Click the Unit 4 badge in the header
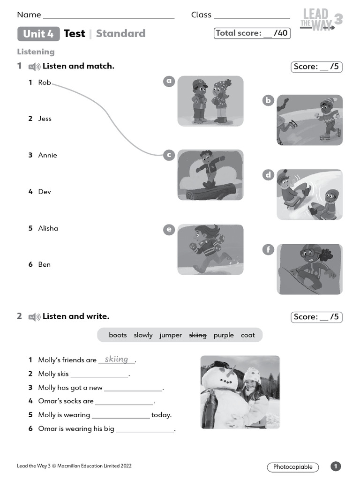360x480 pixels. [x=38, y=34]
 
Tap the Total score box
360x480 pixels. [x=252, y=33]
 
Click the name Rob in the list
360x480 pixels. [x=45, y=82]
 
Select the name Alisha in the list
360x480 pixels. [x=48, y=228]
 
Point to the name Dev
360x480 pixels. [x=45, y=192]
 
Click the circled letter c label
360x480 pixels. [x=169, y=155]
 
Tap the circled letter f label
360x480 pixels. [x=268, y=249]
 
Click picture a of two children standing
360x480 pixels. [x=210, y=101]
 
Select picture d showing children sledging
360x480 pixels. [x=309, y=195]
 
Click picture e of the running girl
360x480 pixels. [x=210, y=249]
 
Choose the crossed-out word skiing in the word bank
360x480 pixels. [x=197, y=335]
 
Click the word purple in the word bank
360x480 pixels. [x=224, y=335]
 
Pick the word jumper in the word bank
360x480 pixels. [x=171, y=335]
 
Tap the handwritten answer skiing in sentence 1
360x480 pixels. [x=116, y=359]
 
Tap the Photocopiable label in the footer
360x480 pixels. [x=293, y=467]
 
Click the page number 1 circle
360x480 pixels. [x=336, y=466]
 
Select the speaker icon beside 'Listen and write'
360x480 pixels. [x=34, y=317]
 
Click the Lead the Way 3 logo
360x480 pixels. [x=321, y=20]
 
